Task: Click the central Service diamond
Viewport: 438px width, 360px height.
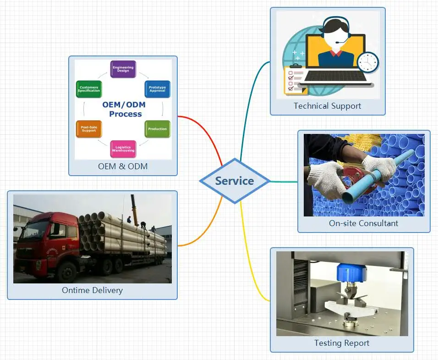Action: (235, 181)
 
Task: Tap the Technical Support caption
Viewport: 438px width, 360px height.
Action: (327, 106)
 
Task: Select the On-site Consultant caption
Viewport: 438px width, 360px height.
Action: (363, 223)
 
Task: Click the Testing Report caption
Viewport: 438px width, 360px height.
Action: (341, 343)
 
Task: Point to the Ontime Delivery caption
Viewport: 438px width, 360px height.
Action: (92, 290)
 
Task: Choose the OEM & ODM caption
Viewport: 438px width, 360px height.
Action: (123, 166)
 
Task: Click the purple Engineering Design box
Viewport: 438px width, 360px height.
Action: (123, 69)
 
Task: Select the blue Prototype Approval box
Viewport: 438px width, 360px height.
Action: (157, 89)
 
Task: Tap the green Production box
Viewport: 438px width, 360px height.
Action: (157, 129)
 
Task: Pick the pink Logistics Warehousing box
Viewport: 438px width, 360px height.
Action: (123, 149)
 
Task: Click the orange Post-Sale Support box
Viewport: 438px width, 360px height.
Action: (88, 129)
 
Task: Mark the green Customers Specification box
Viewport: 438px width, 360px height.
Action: (88, 89)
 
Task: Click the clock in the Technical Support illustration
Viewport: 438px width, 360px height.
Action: (368, 62)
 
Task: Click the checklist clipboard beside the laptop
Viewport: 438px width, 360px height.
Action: (295, 80)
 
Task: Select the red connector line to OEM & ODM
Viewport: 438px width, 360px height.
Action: (202, 128)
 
